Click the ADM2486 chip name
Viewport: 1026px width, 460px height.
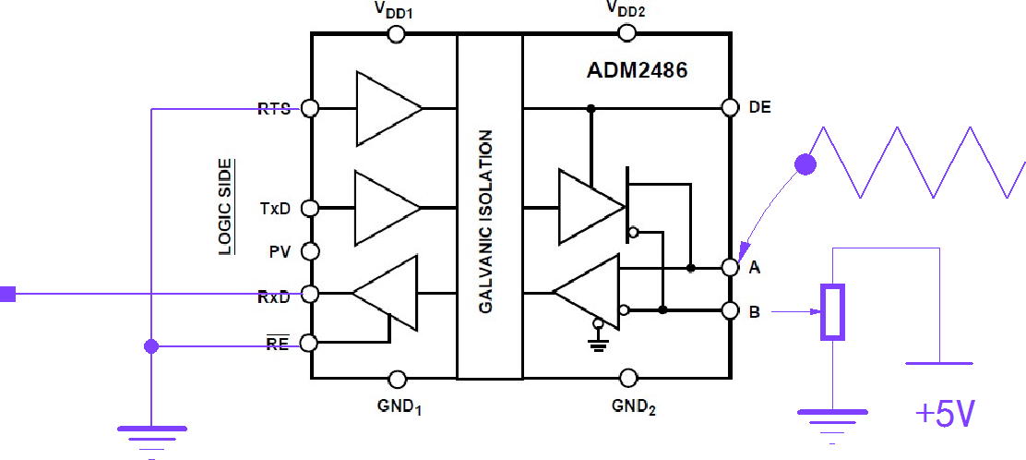[637, 71]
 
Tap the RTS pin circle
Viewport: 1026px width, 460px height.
[311, 108]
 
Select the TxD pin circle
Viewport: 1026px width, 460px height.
[311, 208]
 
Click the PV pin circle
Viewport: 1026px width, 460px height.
[311, 251]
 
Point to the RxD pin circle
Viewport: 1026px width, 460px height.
[311, 295]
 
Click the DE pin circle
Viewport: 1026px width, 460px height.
[731, 107]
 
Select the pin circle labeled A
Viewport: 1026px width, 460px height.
[731, 268]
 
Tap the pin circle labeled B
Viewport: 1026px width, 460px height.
[731, 310]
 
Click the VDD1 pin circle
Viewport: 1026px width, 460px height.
[396, 34]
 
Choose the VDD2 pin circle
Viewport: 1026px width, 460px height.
[627, 34]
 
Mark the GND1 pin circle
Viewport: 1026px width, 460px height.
[398, 379]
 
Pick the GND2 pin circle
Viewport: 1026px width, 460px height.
[628, 378]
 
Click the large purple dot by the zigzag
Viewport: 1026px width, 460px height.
[805, 165]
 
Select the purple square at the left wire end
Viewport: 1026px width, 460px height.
[7, 295]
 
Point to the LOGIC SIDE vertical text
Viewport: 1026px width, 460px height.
[224, 207]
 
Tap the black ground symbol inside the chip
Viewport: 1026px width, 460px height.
[599, 344]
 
